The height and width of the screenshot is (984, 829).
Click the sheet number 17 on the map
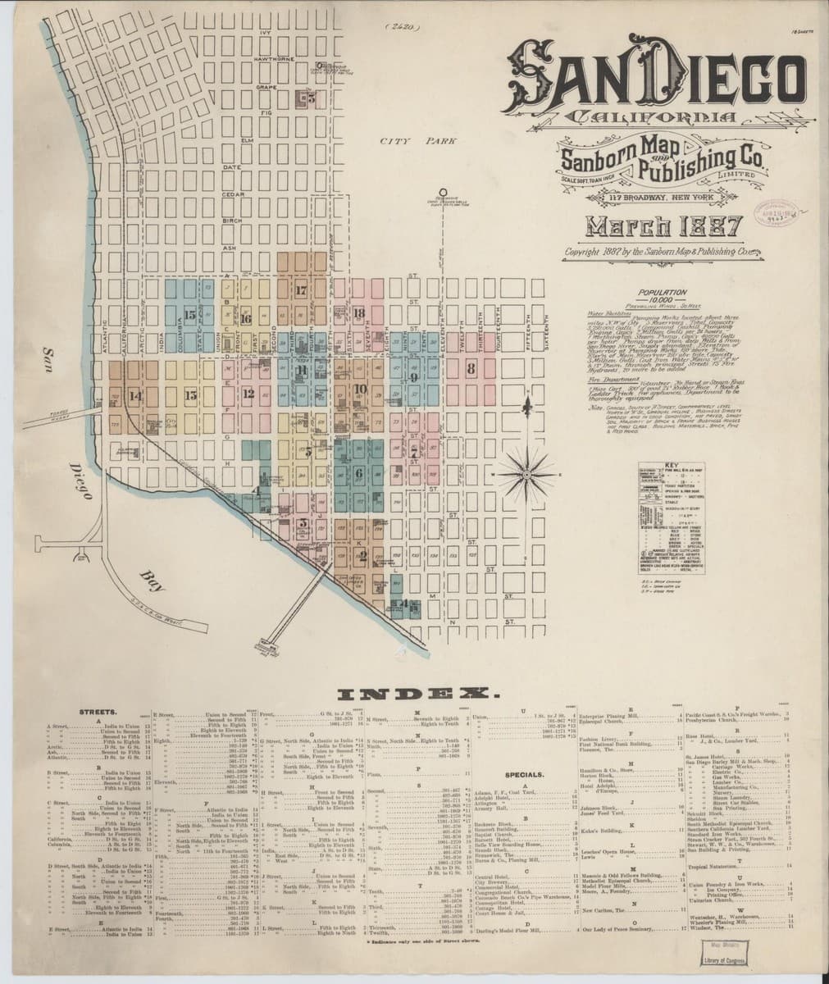click(301, 290)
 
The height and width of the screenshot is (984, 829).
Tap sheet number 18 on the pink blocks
click(359, 313)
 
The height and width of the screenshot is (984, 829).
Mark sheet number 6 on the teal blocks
click(359, 473)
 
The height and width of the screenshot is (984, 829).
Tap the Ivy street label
click(264, 33)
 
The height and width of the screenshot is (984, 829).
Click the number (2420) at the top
click(402, 27)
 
